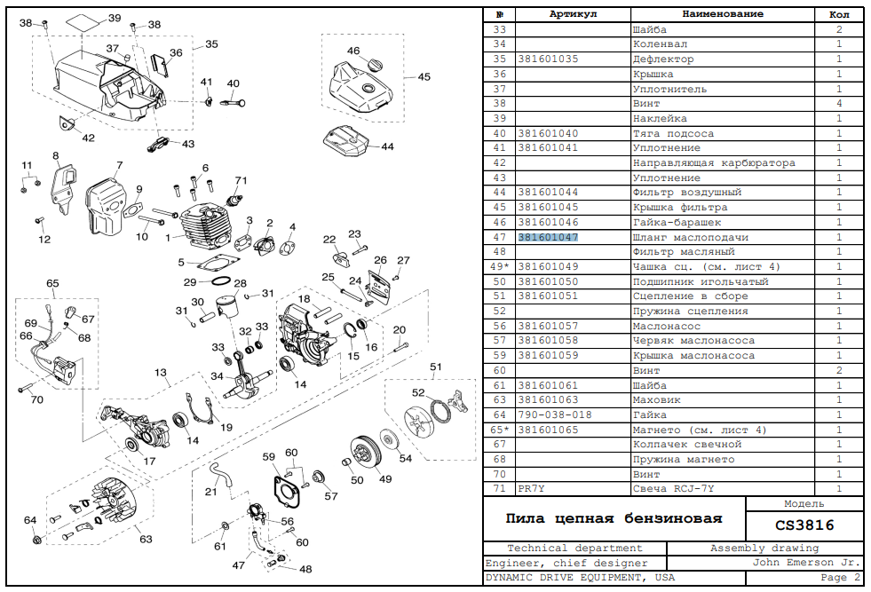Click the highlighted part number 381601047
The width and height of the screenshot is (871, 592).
click(x=548, y=237)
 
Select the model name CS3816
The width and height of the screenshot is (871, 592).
click(x=804, y=525)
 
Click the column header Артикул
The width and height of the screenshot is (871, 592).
click(x=573, y=14)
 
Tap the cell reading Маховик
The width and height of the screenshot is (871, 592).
click(x=657, y=399)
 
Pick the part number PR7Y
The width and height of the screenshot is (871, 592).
click(x=532, y=488)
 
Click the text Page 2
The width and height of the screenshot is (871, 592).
click(x=840, y=578)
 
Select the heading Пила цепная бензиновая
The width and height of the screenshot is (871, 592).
click(x=614, y=518)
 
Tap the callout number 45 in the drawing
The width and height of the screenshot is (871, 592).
click(x=424, y=77)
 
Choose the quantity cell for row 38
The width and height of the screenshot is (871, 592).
click(x=839, y=104)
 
